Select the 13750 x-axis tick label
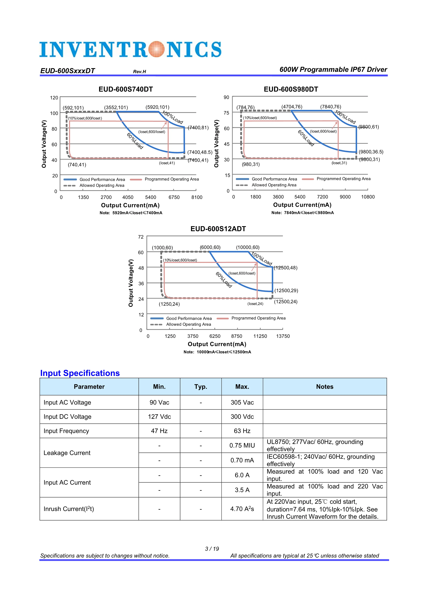point(283,336)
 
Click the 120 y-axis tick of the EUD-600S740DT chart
point(54,98)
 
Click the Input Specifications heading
point(80,373)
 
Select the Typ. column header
point(201,387)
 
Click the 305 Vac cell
point(242,403)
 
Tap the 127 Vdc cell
point(159,417)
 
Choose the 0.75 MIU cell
point(242,446)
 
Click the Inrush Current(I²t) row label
point(69,509)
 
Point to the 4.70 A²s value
point(242,509)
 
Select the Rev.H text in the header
point(139,72)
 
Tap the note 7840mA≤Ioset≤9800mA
point(303,213)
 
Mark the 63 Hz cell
point(242,431)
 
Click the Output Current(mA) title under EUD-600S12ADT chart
point(217,344)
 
